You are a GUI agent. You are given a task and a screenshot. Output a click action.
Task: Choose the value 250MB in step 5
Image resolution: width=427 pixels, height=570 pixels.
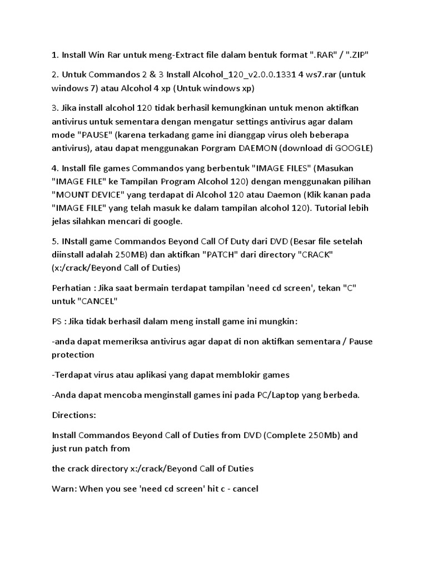point(161,254)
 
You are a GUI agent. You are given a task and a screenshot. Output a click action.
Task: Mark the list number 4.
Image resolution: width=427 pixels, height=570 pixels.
point(54,168)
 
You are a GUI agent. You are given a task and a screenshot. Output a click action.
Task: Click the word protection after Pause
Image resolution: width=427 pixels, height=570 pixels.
point(73,355)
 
